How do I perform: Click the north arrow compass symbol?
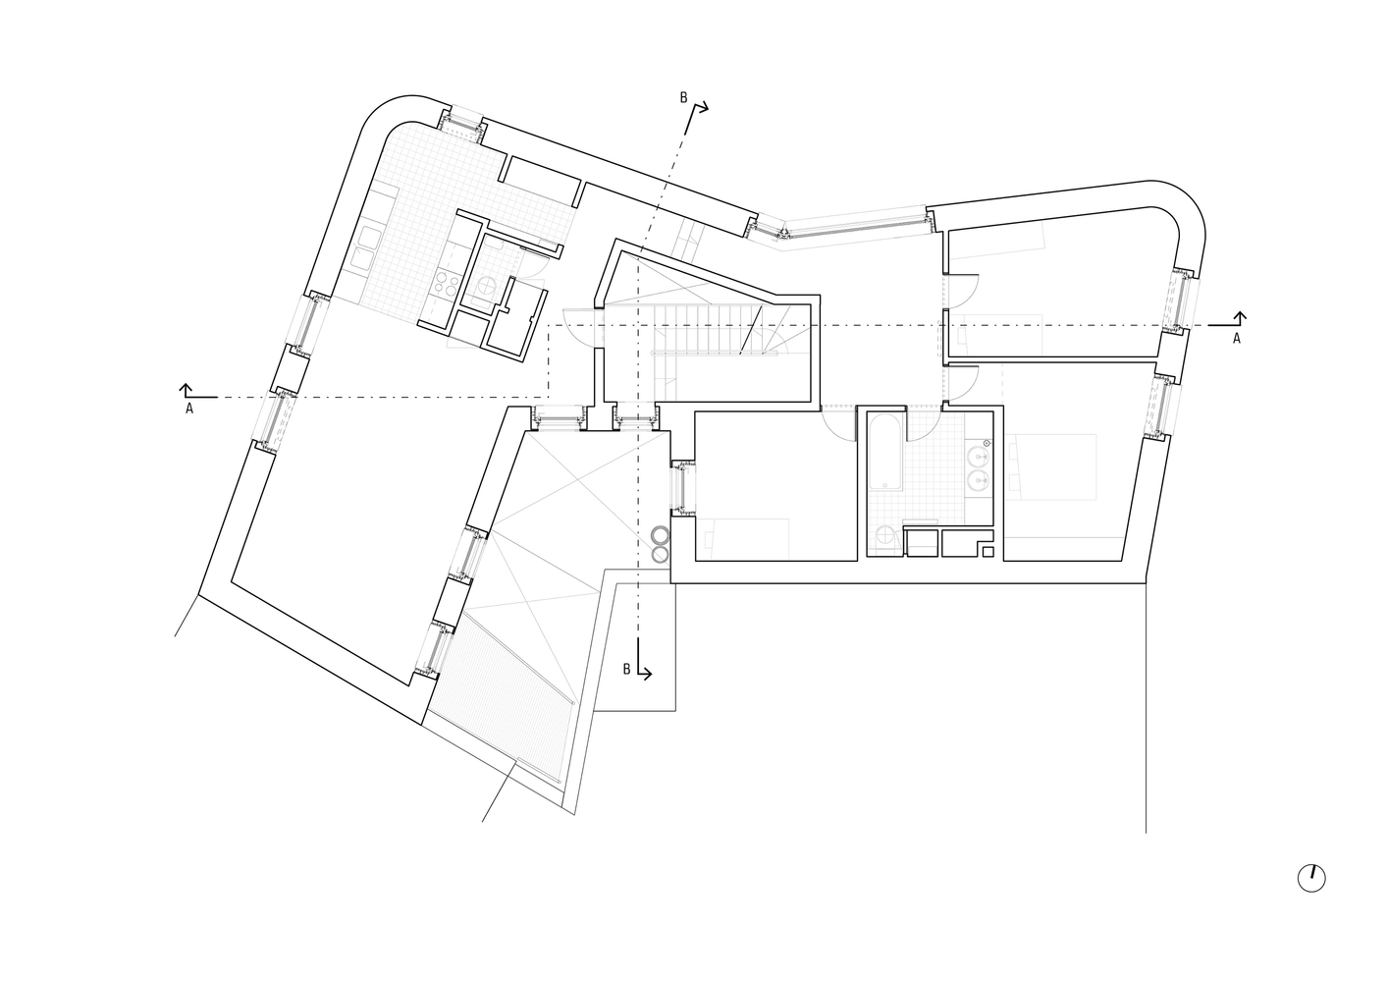1310,878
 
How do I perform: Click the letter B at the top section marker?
684,97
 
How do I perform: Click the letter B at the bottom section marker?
626,669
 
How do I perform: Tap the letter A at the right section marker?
1236,338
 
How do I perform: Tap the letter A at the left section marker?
188,409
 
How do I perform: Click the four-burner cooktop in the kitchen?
447,284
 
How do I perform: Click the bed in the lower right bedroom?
1055,465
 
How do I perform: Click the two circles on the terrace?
661,544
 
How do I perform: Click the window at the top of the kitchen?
459,124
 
